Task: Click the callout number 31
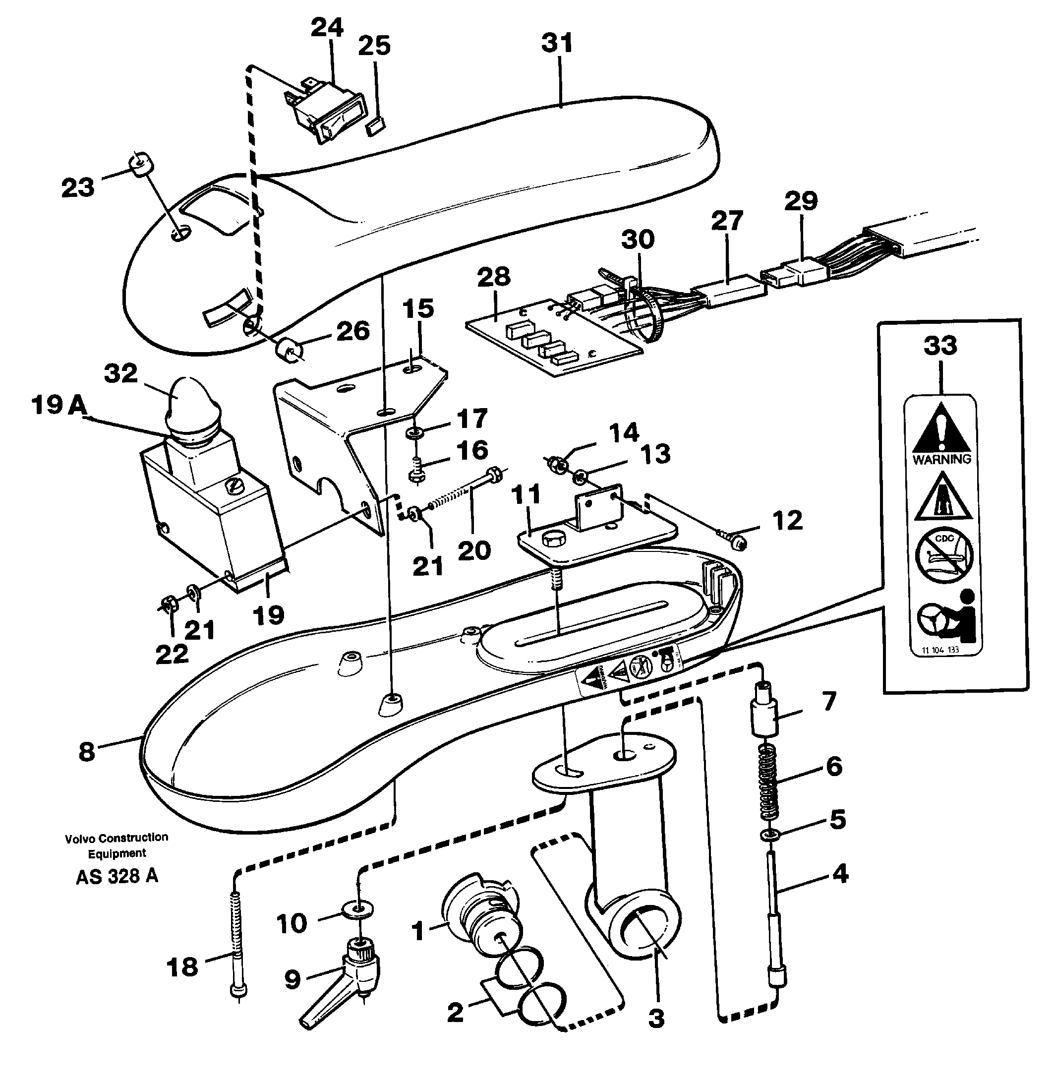pos(557,43)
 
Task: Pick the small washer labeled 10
pos(359,909)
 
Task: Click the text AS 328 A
pos(117,876)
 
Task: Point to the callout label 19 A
pos(58,405)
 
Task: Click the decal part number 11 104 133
pos(940,650)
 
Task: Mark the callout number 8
pos(86,752)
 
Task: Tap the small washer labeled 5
pos(768,834)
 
